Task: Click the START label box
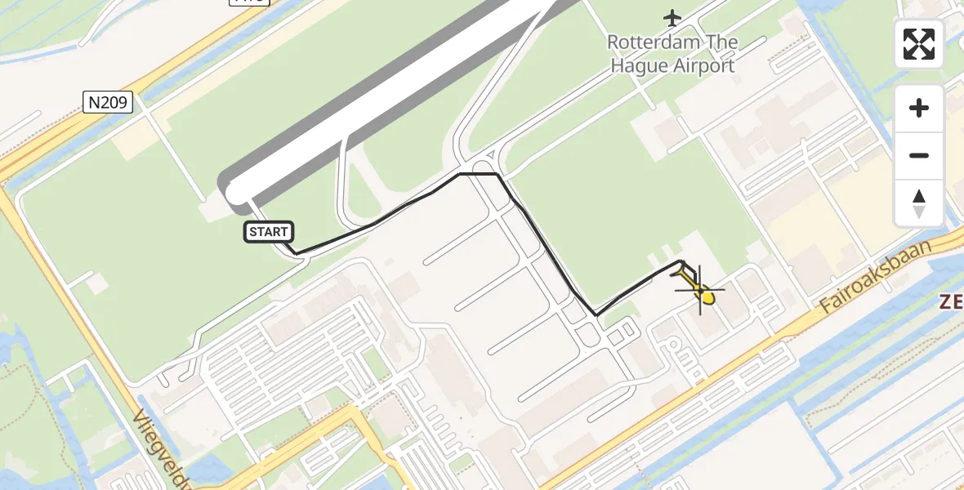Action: tap(268, 233)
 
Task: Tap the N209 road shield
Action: tap(108, 102)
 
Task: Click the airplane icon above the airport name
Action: tap(672, 17)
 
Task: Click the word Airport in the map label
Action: tap(704, 66)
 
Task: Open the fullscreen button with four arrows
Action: tap(919, 44)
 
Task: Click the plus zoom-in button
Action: tap(919, 108)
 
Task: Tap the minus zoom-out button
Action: tap(919, 155)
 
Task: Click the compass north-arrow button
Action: tap(919, 203)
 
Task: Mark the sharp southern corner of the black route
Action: tap(596, 315)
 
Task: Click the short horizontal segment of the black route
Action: tap(479, 174)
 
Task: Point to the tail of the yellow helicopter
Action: tap(685, 268)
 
